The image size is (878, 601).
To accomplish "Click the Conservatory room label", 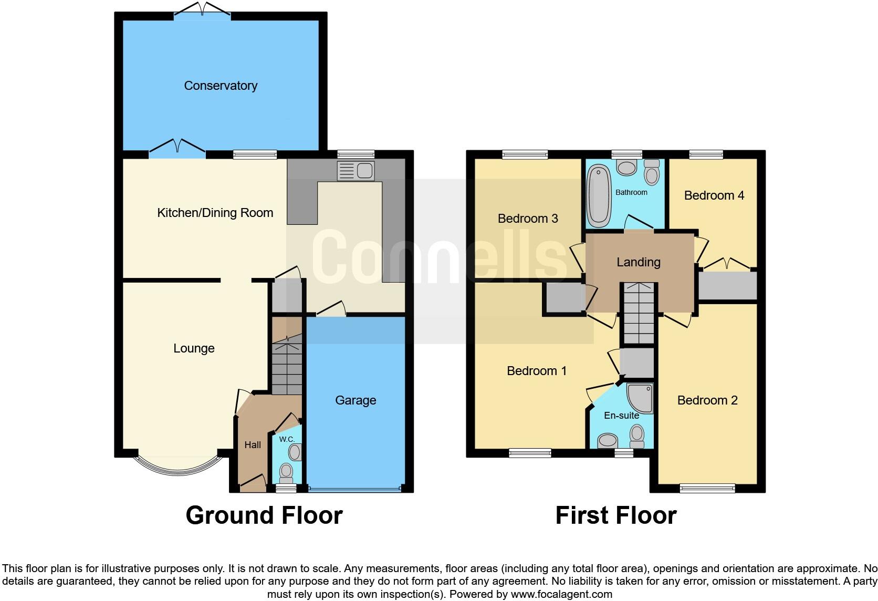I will coord(221,86).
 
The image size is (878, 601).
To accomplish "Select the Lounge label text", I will coord(194,348).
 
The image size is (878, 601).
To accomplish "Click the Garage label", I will coord(356,400).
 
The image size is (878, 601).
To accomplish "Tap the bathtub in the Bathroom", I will coord(598,195).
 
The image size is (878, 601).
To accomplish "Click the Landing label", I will coord(639,262).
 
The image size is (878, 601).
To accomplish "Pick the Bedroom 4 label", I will coord(714,195).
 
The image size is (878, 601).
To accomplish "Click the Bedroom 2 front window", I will coord(707,488).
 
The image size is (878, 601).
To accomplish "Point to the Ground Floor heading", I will coord(264,515).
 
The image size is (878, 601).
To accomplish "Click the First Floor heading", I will coord(616,515).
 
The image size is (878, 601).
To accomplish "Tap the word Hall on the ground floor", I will coord(253,445).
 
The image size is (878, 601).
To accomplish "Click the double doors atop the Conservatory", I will coord(202,12).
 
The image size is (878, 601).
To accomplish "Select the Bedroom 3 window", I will coord(525,154).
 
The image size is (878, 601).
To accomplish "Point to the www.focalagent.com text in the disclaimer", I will coord(561,595).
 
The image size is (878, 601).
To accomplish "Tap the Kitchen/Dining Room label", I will coord(215,213).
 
